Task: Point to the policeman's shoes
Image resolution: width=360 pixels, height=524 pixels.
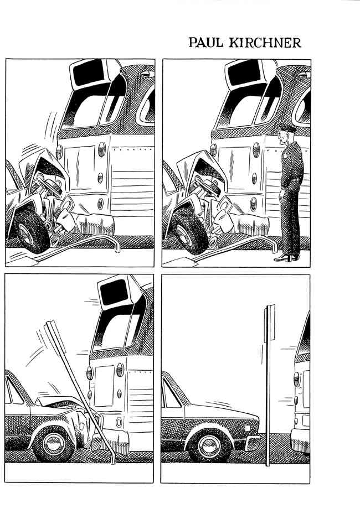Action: tap(287, 258)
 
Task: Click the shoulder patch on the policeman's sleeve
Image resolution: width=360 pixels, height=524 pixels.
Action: tap(285, 155)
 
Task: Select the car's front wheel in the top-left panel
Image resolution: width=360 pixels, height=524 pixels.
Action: tap(31, 230)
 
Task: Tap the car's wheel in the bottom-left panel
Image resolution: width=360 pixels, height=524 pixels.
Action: tap(54, 443)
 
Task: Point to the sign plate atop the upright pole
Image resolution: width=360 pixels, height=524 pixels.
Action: tap(270, 323)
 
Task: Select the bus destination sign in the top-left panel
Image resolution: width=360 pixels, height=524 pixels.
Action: tap(89, 73)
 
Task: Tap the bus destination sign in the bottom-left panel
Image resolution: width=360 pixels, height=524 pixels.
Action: tap(115, 292)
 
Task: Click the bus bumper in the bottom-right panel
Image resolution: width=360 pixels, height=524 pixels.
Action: tap(300, 440)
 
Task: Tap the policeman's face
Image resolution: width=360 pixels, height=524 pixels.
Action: tap(283, 137)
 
